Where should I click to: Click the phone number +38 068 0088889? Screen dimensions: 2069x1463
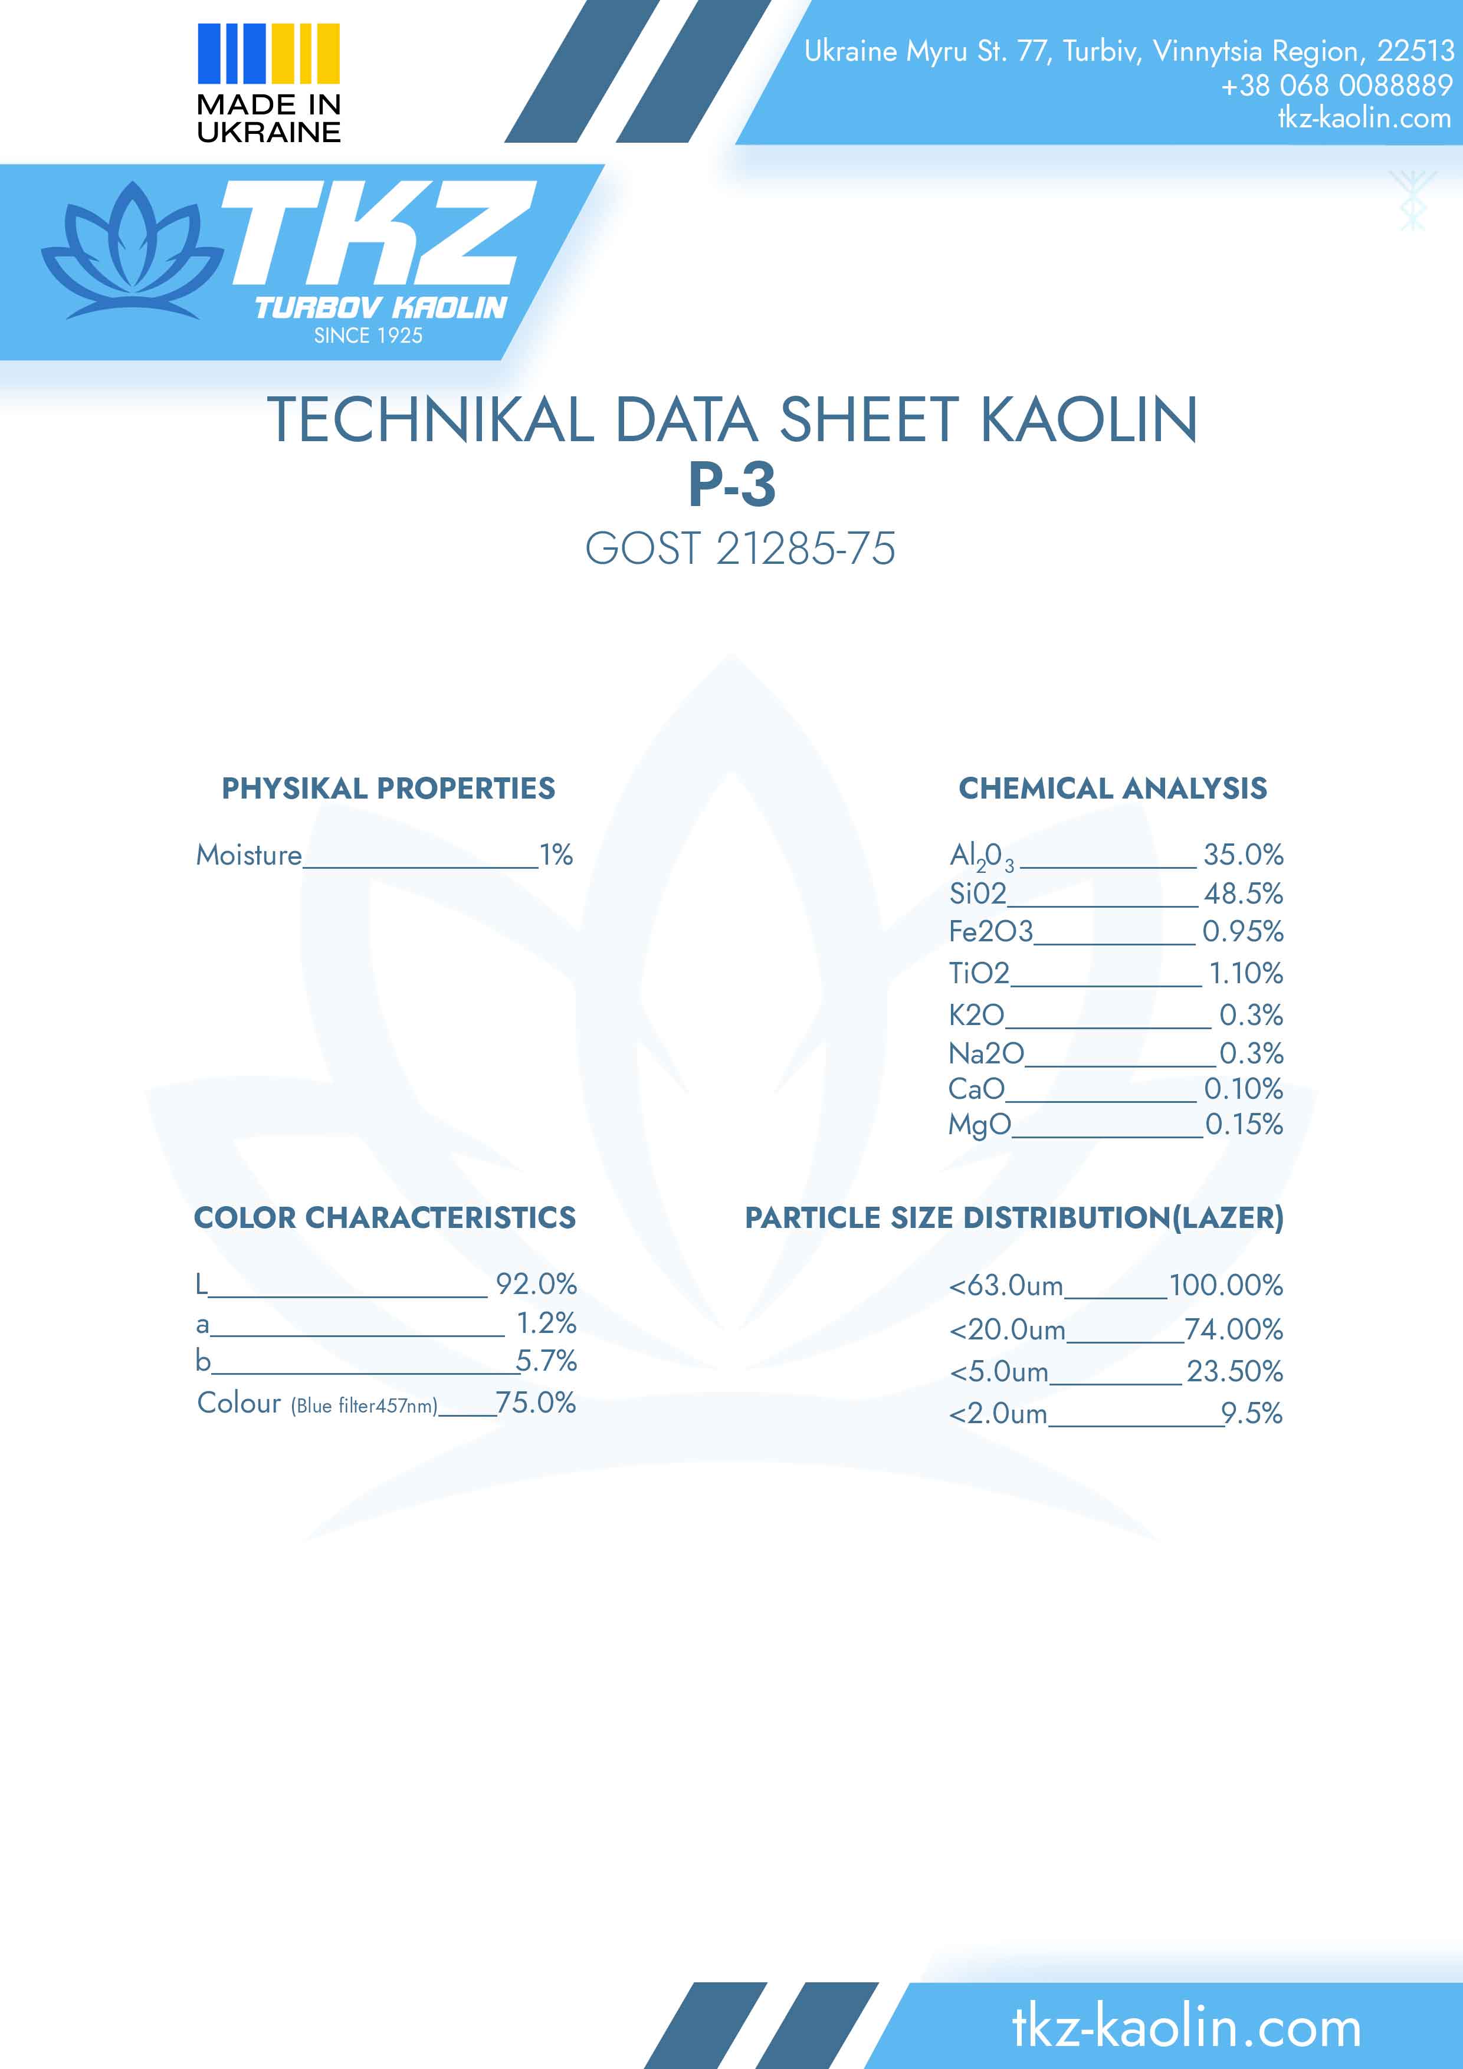click(1336, 86)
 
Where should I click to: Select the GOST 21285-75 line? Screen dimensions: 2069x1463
click(740, 549)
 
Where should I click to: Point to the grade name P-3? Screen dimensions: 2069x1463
click(732, 485)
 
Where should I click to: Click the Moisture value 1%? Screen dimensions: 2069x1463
click(556, 854)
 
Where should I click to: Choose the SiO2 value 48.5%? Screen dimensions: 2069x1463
click(1243, 893)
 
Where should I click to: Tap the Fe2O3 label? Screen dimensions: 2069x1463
click(990, 931)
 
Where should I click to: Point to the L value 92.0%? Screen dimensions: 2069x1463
click(536, 1283)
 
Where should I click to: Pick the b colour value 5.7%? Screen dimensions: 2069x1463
click(546, 1360)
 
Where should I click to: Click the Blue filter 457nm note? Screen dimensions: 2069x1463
click(364, 1405)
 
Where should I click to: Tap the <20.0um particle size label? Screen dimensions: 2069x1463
click(1007, 1329)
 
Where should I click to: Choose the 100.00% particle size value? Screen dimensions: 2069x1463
click(1226, 1285)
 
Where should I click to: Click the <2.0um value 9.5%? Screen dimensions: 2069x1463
click(1252, 1413)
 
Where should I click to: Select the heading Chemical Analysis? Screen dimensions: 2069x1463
click(1113, 789)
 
